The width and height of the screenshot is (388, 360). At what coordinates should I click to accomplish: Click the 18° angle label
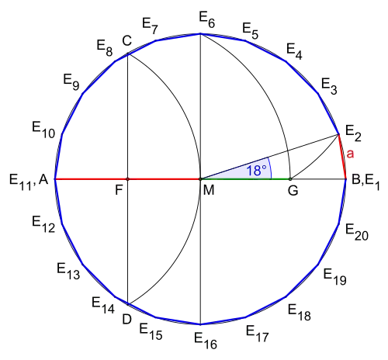[x=256, y=171]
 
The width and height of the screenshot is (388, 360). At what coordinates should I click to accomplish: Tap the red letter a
[x=350, y=154]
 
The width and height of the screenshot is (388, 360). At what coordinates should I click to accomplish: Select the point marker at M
[x=200, y=178]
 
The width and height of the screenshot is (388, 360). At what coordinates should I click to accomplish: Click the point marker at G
[x=290, y=178]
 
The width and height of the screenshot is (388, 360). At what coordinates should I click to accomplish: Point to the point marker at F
[x=127, y=178]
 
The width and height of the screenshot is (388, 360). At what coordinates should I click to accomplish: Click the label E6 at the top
[x=207, y=19]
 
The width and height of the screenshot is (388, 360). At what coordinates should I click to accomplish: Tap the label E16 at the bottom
[x=206, y=341]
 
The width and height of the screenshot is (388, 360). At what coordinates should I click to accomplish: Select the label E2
[x=353, y=133]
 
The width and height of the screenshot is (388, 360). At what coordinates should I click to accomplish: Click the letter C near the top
[x=126, y=41]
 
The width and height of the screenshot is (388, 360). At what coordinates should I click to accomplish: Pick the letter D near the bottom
[x=126, y=320]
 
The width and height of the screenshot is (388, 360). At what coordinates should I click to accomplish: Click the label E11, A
[x=29, y=182]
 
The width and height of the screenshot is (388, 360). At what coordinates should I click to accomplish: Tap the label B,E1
[x=365, y=182]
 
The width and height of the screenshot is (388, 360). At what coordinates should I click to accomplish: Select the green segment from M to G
[x=245, y=178]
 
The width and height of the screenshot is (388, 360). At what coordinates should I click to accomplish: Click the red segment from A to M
[x=127, y=178]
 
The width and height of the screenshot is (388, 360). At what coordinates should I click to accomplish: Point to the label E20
[x=357, y=232]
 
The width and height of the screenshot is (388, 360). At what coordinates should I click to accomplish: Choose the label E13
[x=68, y=271]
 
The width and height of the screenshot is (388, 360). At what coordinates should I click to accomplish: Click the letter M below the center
[x=209, y=190]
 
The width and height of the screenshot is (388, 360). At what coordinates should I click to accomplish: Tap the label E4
[x=294, y=51]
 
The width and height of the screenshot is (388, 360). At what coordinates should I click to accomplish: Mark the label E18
[x=300, y=313]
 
